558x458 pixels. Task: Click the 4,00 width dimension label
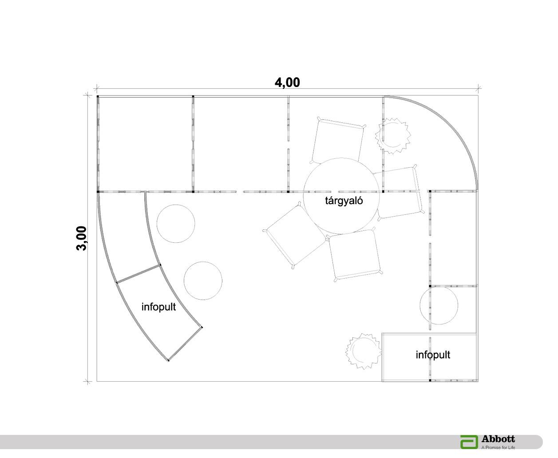point(287,82)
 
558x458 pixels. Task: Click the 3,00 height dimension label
point(82,238)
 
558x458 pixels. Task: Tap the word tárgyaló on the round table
point(344,201)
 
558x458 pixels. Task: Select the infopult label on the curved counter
point(158,307)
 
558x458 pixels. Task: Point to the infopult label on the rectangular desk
point(433,355)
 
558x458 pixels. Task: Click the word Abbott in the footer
point(498,439)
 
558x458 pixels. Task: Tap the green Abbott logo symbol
point(469,442)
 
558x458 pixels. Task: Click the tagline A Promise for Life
point(498,447)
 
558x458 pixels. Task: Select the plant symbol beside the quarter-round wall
point(393,136)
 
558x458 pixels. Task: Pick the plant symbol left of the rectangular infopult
point(364,351)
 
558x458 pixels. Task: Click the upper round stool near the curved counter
point(176,224)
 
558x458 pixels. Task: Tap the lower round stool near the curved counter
point(203,281)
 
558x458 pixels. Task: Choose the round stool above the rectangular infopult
point(439,305)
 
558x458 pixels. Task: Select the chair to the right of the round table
point(400,193)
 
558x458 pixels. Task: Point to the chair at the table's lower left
point(294,236)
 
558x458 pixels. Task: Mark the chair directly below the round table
point(355,255)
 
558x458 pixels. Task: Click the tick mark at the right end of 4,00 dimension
point(478,88)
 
